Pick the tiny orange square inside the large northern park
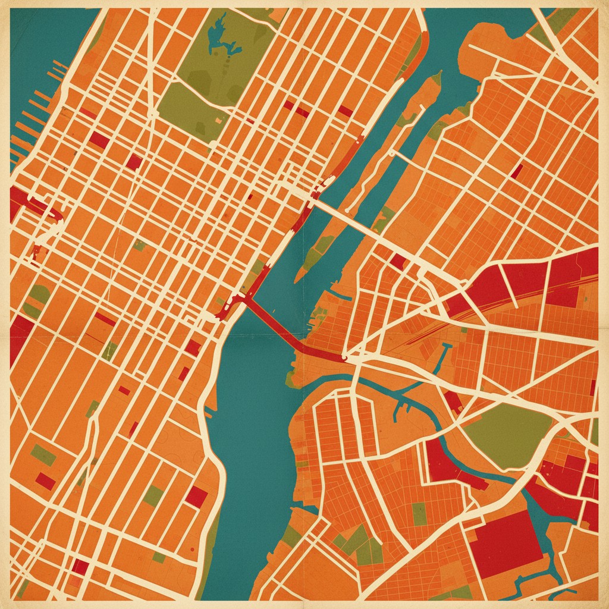tap(219, 121)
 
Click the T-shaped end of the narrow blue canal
tap(446, 345)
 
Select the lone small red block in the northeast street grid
tap(517, 171)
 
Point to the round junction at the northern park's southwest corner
tap(153, 113)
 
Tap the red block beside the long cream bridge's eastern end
tap(397, 262)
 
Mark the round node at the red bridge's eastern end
tap(346, 359)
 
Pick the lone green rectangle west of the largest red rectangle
tap(419, 514)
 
